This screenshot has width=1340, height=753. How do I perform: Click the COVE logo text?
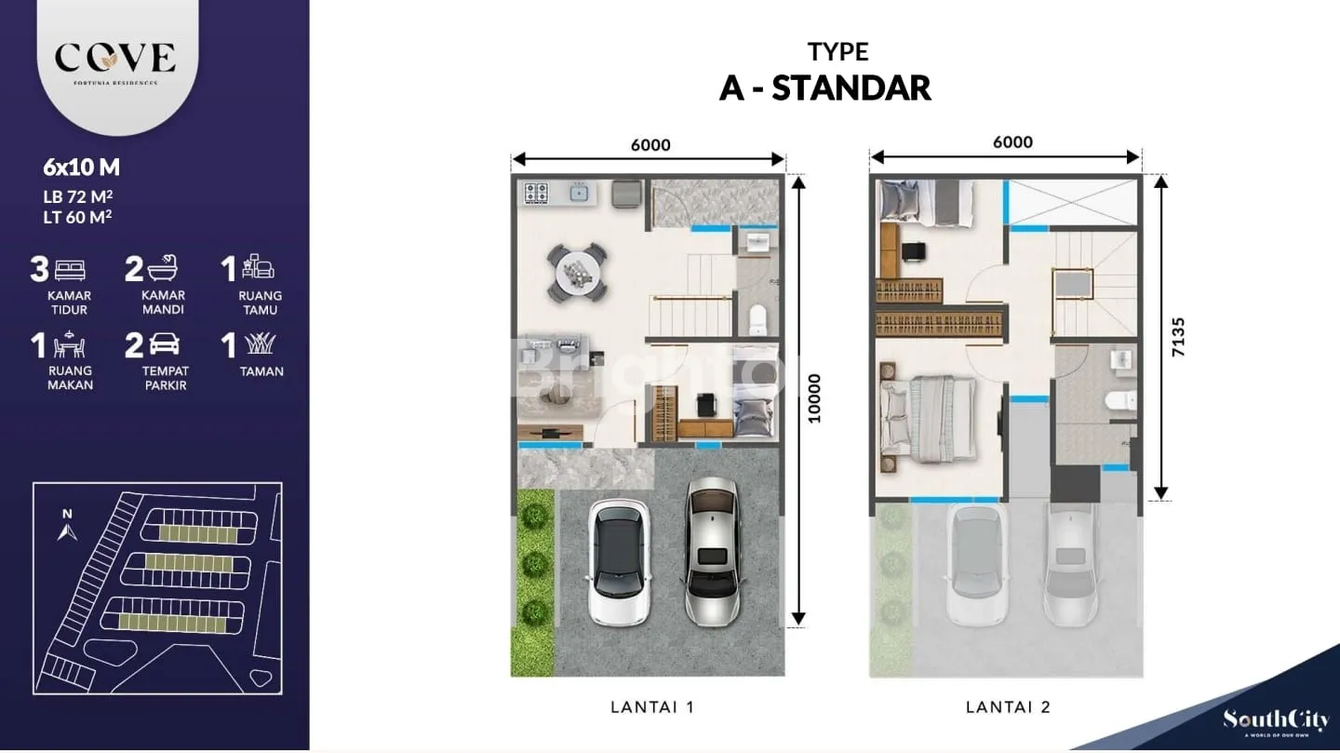click(115, 58)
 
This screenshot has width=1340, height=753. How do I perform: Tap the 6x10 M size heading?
click(81, 168)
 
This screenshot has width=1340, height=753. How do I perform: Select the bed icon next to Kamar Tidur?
click(70, 271)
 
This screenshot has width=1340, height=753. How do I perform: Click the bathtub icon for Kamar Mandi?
click(164, 268)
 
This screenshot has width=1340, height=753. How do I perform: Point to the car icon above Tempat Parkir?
click(164, 344)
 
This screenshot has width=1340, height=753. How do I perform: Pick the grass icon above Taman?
click(260, 343)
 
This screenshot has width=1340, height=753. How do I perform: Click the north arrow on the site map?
click(68, 531)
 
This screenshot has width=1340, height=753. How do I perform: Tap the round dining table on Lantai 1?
click(578, 273)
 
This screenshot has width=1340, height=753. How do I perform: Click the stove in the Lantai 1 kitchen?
click(536, 193)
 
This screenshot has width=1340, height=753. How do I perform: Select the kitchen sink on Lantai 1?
click(579, 193)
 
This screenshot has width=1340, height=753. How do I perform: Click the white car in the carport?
click(618, 562)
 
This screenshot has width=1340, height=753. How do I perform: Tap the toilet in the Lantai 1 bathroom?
click(757, 319)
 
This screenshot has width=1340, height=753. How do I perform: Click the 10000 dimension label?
click(813, 398)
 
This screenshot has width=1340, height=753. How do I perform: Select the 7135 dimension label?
click(1177, 338)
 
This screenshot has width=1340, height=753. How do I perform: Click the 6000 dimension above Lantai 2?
click(1012, 142)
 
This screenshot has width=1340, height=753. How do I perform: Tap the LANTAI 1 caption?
click(652, 706)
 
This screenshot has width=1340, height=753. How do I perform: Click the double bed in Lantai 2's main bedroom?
click(926, 418)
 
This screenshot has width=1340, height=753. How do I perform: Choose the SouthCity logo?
click(1276, 720)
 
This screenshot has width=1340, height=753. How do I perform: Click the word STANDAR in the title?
click(851, 88)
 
